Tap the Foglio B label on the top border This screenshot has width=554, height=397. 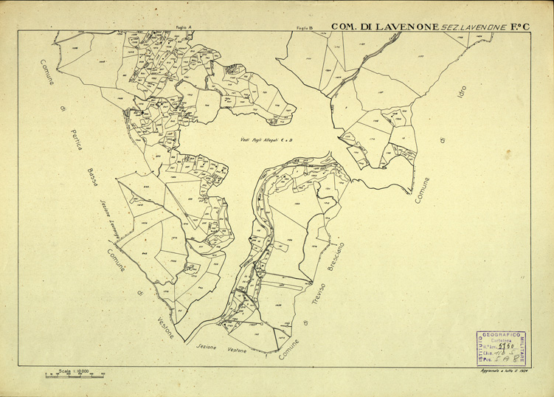pos(305,27)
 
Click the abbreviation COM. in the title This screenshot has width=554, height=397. pos(344,27)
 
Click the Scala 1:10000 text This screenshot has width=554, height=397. pos(74,370)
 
